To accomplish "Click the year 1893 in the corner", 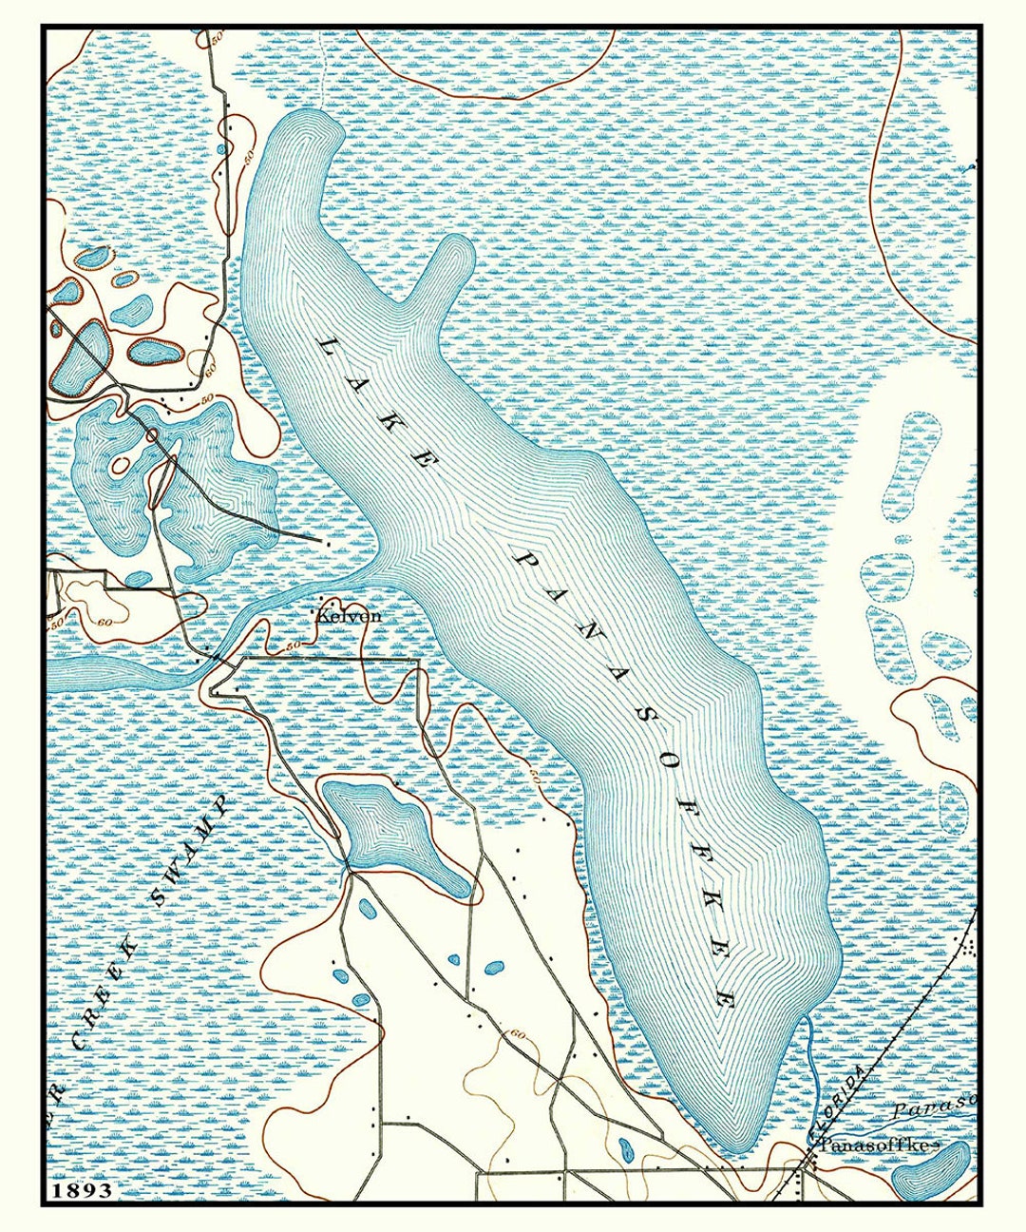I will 82,1189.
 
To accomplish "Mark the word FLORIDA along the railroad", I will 841,1103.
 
